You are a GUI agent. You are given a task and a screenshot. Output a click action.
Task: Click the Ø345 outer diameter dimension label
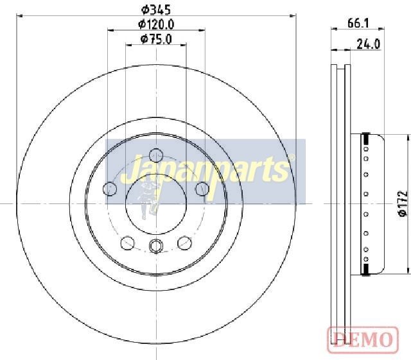[156, 10]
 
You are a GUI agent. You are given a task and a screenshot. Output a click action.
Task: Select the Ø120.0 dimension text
[156, 24]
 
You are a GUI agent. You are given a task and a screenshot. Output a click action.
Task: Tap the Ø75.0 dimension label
[156, 39]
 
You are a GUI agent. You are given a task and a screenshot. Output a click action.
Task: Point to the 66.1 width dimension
[358, 24]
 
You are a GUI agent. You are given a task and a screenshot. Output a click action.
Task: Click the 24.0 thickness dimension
[368, 44]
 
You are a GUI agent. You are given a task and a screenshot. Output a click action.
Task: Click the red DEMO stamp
[363, 339]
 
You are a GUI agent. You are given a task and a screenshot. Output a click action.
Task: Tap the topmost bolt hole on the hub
[156, 155]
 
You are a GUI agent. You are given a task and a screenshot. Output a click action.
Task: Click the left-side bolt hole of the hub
[110, 189]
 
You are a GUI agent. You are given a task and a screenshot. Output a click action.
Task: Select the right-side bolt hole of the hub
[202, 189]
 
